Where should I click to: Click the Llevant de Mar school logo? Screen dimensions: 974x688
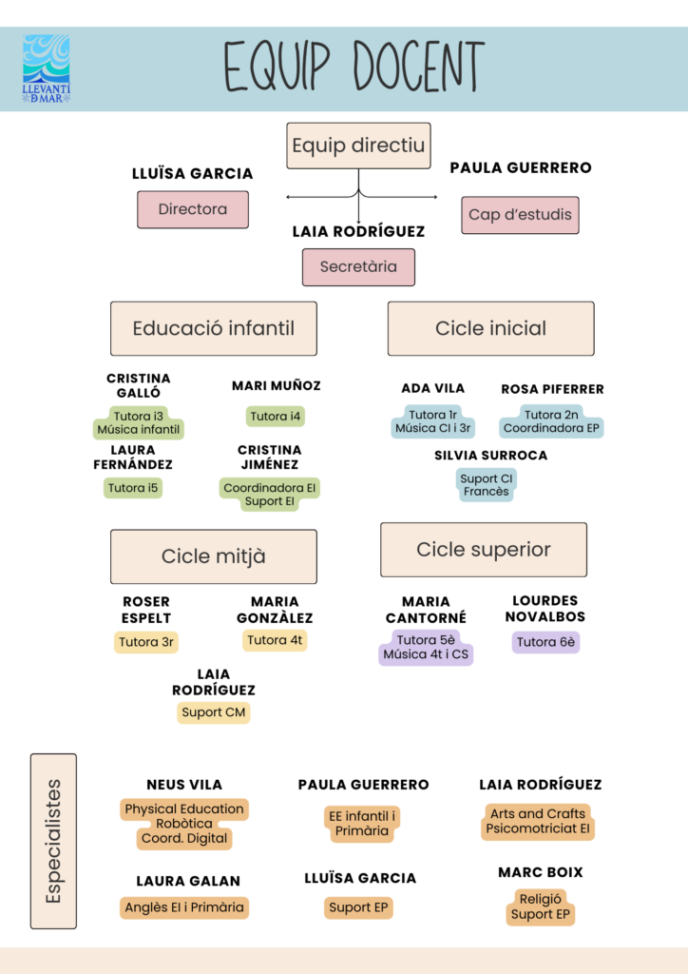(x=47, y=68)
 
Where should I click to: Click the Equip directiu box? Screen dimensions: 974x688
(x=358, y=146)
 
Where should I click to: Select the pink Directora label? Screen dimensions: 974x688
(x=193, y=209)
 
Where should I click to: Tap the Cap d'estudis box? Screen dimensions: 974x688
(x=520, y=215)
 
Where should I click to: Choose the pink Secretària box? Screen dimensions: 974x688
(x=358, y=267)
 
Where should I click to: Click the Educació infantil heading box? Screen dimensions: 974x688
(x=214, y=329)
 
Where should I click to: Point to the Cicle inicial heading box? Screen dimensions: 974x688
(x=490, y=329)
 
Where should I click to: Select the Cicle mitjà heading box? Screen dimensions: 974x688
(x=214, y=556)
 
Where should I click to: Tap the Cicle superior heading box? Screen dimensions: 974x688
(x=484, y=550)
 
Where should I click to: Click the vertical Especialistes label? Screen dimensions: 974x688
(x=53, y=841)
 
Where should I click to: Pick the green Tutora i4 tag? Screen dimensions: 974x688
(x=277, y=417)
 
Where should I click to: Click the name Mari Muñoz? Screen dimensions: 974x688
(x=277, y=386)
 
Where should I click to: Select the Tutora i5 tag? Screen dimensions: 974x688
(x=134, y=488)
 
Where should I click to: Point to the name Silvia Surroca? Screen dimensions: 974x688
(x=491, y=456)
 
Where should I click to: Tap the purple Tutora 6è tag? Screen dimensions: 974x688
(x=545, y=642)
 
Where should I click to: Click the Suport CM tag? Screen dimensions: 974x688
(x=214, y=712)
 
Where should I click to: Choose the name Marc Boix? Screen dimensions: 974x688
(x=541, y=872)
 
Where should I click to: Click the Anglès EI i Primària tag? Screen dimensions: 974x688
(x=184, y=907)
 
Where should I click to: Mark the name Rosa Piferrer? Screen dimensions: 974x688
(x=552, y=389)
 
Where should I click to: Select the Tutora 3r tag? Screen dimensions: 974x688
(x=146, y=642)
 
